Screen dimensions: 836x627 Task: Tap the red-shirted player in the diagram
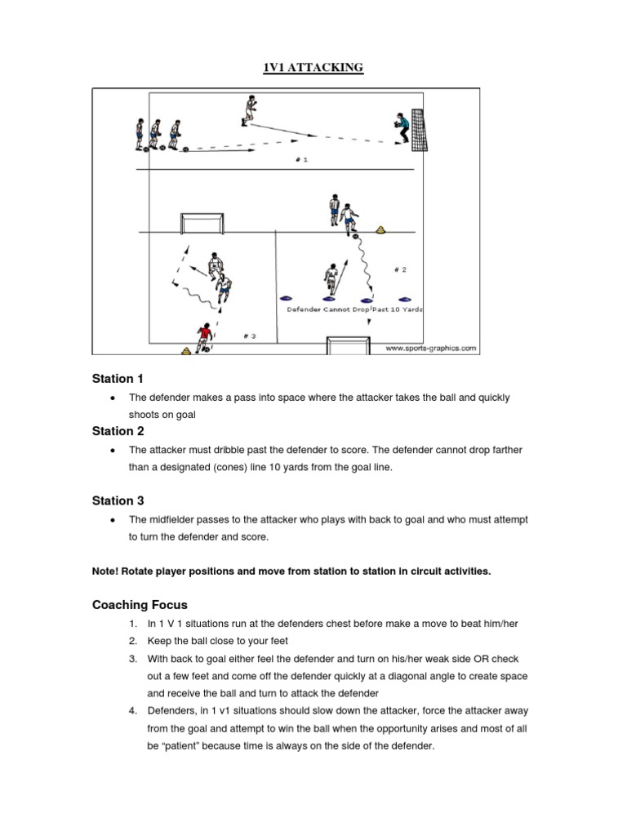204,336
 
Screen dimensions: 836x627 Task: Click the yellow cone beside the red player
187,351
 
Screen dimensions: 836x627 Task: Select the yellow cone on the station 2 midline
380,229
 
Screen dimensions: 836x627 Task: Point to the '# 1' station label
301,160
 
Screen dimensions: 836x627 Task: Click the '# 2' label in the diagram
399,269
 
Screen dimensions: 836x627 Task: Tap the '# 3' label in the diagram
249,336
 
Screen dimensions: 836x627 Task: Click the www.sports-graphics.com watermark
430,348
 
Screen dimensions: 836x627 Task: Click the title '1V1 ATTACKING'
313,68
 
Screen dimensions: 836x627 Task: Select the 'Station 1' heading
118,379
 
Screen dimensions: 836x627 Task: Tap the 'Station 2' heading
118,431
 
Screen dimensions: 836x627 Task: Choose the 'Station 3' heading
118,500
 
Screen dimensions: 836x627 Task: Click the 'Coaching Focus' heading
140,605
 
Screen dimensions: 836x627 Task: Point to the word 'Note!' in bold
106,571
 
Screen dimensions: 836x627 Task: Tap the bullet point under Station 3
110,519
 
